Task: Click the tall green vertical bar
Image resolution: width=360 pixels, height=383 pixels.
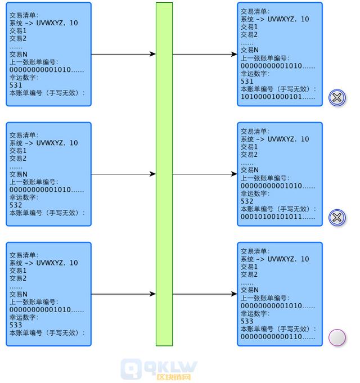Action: coord(164,174)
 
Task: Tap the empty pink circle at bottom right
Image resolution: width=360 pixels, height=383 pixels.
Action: coord(337,337)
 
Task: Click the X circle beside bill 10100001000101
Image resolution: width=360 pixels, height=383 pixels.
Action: coord(337,98)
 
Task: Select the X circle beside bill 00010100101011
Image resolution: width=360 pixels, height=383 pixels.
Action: coord(337,218)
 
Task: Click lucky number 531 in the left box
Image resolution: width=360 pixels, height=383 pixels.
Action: coord(16,85)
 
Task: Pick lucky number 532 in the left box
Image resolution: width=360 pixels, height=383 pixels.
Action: coord(16,205)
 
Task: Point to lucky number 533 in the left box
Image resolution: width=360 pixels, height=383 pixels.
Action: coord(16,325)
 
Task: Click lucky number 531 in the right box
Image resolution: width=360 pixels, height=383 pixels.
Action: coord(247,82)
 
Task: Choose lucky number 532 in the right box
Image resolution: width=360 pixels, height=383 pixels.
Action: coord(247,201)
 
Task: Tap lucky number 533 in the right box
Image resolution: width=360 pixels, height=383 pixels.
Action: coord(247,321)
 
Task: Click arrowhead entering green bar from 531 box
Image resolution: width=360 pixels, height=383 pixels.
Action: coord(153,55)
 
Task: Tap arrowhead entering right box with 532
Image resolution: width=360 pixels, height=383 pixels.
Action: coord(235,174)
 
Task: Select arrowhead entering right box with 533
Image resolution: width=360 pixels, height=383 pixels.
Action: coord(235,294)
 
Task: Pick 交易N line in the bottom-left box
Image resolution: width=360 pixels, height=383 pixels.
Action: coord(19,294)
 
